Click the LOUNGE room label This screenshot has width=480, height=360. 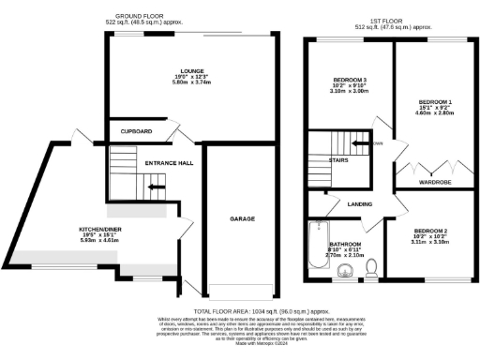click(x=192, y=69)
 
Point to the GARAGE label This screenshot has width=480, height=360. click(x=243, y=217)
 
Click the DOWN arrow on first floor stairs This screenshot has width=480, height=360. click(x=359, y=144)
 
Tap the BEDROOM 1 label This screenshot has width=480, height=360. click(x=436, y=100)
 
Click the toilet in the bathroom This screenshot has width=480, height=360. click(x=372, y=269)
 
